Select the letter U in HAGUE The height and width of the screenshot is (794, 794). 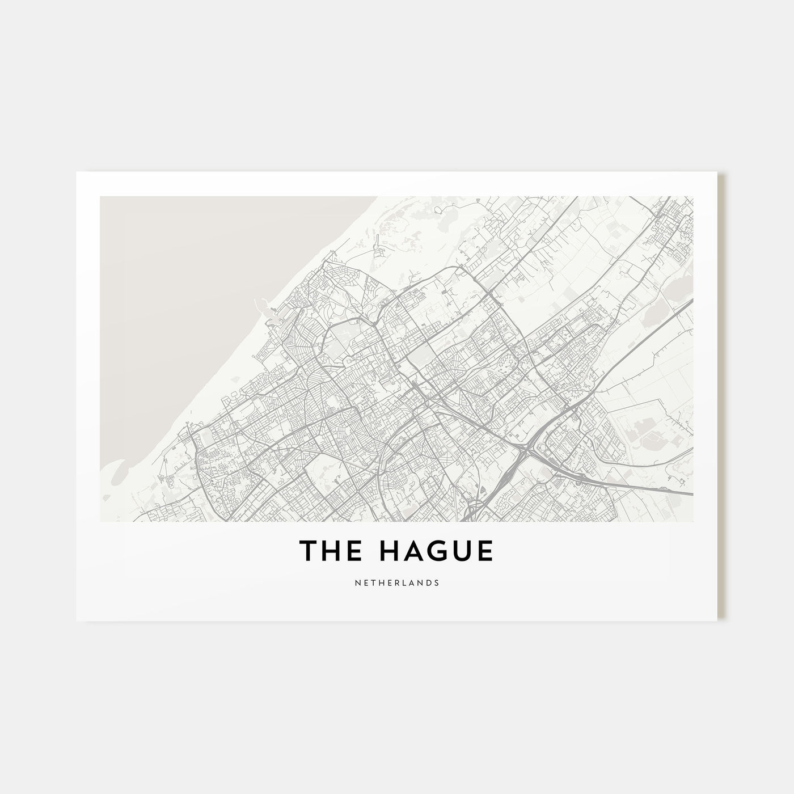pos(460,551)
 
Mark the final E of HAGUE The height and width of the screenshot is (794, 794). pos(485,551)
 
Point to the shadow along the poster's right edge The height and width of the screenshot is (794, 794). pos(722,397)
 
